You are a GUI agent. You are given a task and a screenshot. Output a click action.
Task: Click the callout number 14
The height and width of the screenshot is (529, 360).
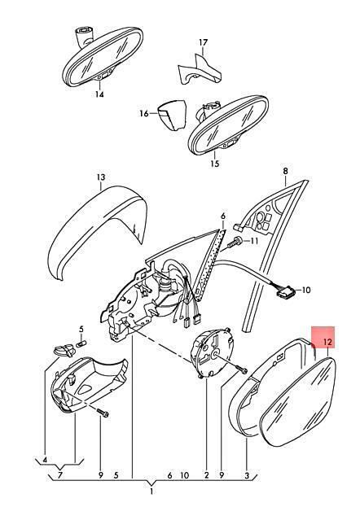coord(99,94)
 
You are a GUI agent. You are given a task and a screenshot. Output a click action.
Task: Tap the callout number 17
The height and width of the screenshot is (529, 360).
coord(204,43)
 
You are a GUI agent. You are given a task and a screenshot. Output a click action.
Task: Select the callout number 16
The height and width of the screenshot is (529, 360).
coord(144,114)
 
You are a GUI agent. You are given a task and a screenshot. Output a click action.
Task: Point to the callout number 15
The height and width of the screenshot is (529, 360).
coord(215,164)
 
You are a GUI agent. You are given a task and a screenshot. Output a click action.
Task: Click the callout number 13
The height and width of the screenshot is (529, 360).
coord(101,177)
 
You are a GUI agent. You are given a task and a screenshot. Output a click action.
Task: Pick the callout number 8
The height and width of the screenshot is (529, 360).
coord(285,171)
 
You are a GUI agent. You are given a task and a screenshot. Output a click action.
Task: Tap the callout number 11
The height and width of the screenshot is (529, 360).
coord(254,241)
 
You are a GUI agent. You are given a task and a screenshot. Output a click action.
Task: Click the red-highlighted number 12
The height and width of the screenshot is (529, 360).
coord(328,342)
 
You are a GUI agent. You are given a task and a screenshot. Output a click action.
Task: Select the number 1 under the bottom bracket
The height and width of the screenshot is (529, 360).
coord(151,492)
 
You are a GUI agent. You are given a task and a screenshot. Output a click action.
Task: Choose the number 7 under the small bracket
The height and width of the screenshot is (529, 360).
coord(60,475)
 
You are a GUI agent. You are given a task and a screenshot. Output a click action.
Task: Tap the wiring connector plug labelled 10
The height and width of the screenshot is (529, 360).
coord(285,291)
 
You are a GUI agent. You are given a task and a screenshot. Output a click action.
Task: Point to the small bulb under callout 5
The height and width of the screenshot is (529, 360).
coord(81,344)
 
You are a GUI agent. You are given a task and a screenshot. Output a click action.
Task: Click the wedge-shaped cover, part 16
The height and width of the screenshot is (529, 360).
coord(172,115)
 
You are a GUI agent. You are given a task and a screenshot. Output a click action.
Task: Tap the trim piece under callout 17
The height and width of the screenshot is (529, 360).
coord(200,69)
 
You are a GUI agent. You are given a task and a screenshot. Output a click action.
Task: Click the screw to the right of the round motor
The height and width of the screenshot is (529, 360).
coord(240,369)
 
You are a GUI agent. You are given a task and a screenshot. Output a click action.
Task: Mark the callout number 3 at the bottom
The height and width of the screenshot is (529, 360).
coord(247,476)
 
